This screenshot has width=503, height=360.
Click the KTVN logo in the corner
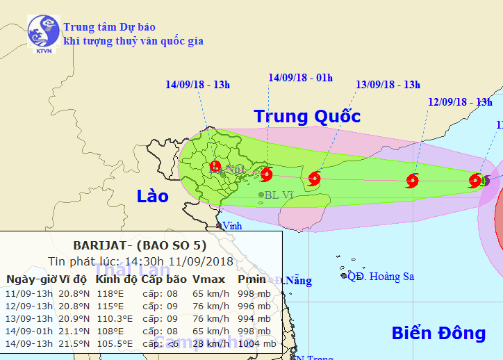[x=43, y=33]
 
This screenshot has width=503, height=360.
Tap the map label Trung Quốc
[x=307, y=116]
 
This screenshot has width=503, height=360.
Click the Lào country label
[x=152, y=196]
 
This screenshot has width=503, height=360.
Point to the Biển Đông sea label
[x=438, y=333]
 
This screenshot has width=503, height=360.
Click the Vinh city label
[x=231, y=225]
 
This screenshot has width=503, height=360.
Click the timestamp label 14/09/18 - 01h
[x=300, y=78]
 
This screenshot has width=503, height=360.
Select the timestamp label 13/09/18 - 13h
[x=388, y=85]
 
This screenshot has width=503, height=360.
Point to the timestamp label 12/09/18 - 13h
[x=460, y=102]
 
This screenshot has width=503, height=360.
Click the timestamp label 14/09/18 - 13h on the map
[x=197, y=85]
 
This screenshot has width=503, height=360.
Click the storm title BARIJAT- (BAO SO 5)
[x=140, y=245]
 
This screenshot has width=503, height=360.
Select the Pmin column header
[x=251, y=279]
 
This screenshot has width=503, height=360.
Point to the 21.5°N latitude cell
[x=74, y=343]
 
